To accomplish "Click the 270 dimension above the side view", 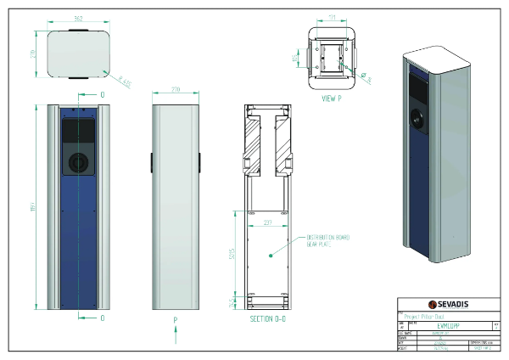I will point(176,88).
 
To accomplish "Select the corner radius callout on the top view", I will point(125,82).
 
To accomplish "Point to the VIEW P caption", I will point(332,98).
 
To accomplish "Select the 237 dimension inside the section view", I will point(268,223).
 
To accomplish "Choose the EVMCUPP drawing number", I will point(448,324).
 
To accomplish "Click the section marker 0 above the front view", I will point(103,94).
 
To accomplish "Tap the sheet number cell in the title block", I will point(483,347).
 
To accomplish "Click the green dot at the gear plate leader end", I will point(271,254).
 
